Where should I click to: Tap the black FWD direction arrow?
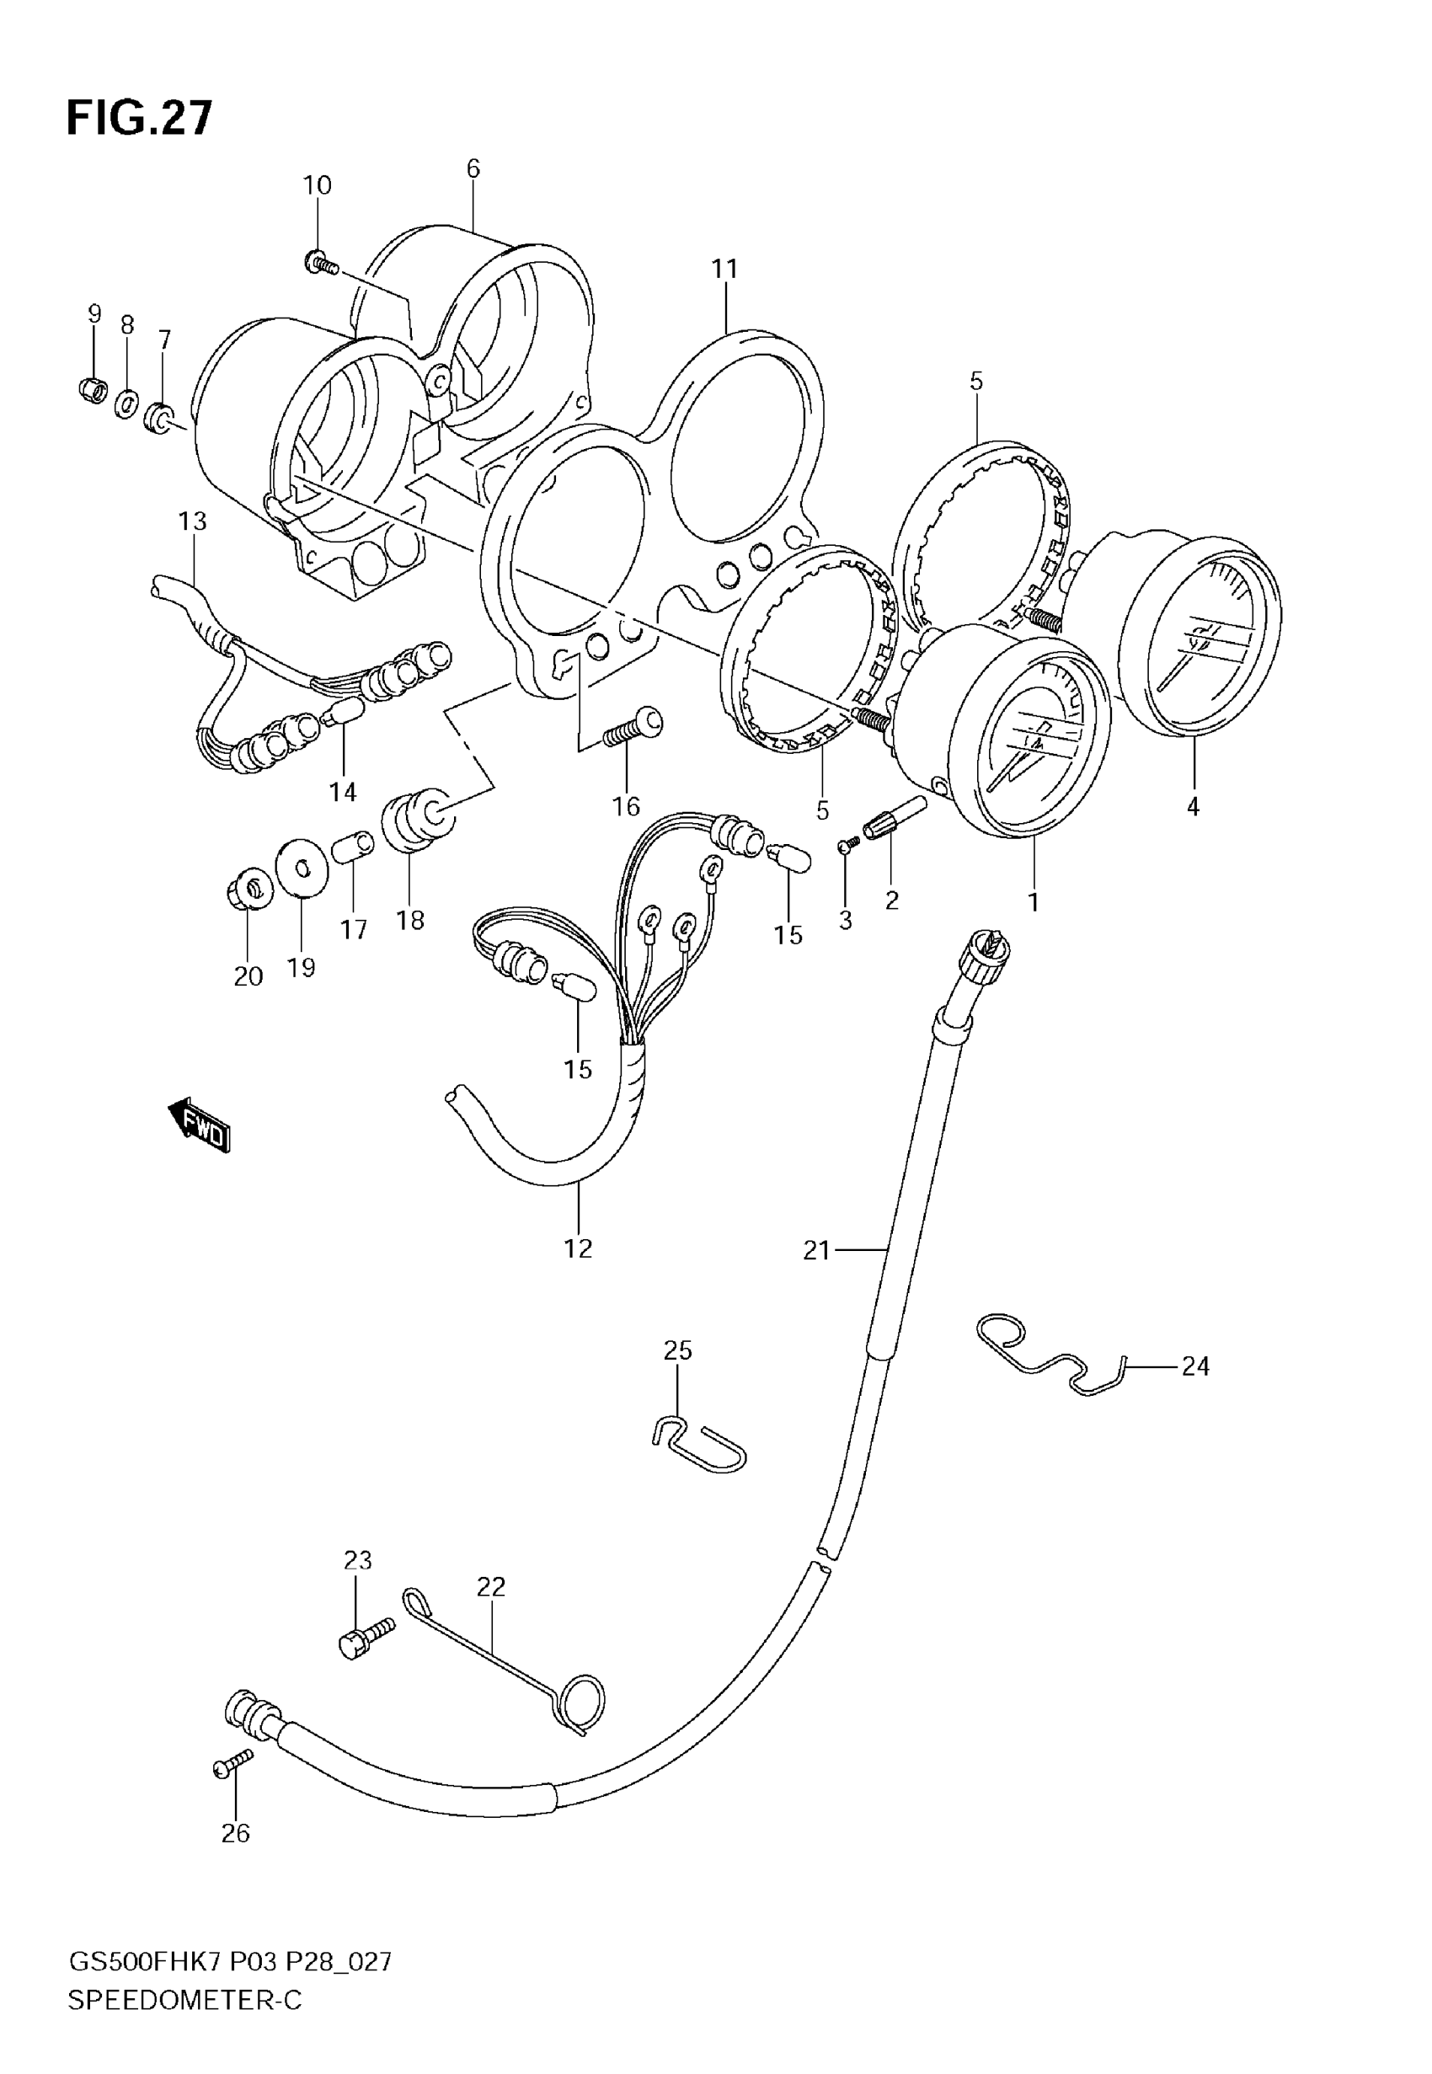(x=199, y=1123)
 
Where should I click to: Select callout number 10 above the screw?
(x=317, y=185)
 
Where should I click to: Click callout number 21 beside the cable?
(x=816, y=1250)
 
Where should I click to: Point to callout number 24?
(x=1195, y=1366)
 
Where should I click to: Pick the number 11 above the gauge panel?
(x=724, y=268)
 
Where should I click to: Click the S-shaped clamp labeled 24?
(x=1050, y=1357)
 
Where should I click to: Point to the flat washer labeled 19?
(x=301, y=868)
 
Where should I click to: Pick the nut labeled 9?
(x=92, y=389)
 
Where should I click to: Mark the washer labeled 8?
(x=126, y=403)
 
